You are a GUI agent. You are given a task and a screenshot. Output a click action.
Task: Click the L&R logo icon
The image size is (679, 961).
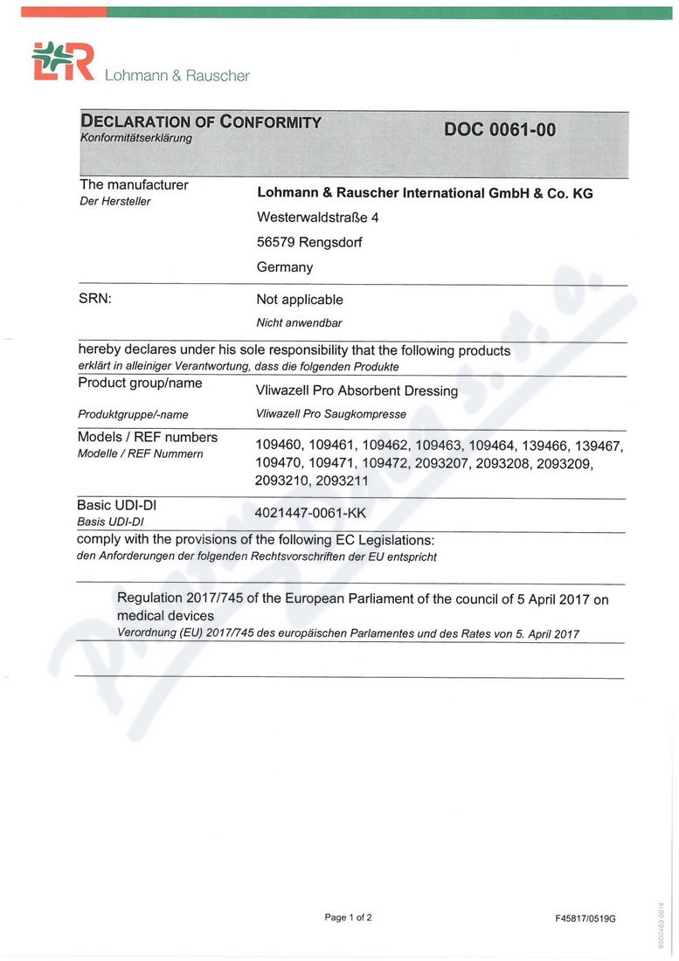point(62,63)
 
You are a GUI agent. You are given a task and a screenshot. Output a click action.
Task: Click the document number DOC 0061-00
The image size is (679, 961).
point(499,129)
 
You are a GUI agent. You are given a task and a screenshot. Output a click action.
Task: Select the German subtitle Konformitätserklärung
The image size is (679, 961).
point(135,138)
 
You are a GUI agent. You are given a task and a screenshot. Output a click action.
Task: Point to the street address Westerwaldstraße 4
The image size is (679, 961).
point(317,218)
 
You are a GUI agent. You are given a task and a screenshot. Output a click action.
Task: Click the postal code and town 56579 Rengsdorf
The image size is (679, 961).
point(309,242)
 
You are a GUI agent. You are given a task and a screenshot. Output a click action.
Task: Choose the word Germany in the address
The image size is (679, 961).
point(285,267)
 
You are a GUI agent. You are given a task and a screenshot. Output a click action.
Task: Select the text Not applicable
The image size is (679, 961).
point(300,300)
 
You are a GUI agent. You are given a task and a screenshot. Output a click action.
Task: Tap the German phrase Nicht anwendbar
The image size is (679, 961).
point(299,322)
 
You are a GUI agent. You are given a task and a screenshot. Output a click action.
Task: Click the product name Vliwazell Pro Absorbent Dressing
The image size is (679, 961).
point(357,391)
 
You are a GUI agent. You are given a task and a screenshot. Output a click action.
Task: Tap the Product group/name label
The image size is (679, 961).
point(140,384)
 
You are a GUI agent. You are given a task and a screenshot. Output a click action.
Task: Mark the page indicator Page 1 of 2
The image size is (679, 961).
point(348,917)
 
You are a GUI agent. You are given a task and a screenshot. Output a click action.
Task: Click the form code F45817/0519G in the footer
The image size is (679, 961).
point(585,918)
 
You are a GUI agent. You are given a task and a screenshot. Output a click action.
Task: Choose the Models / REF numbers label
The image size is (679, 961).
point(148,437)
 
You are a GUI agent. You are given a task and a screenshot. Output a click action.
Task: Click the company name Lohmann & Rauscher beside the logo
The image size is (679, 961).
point(177,76)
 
